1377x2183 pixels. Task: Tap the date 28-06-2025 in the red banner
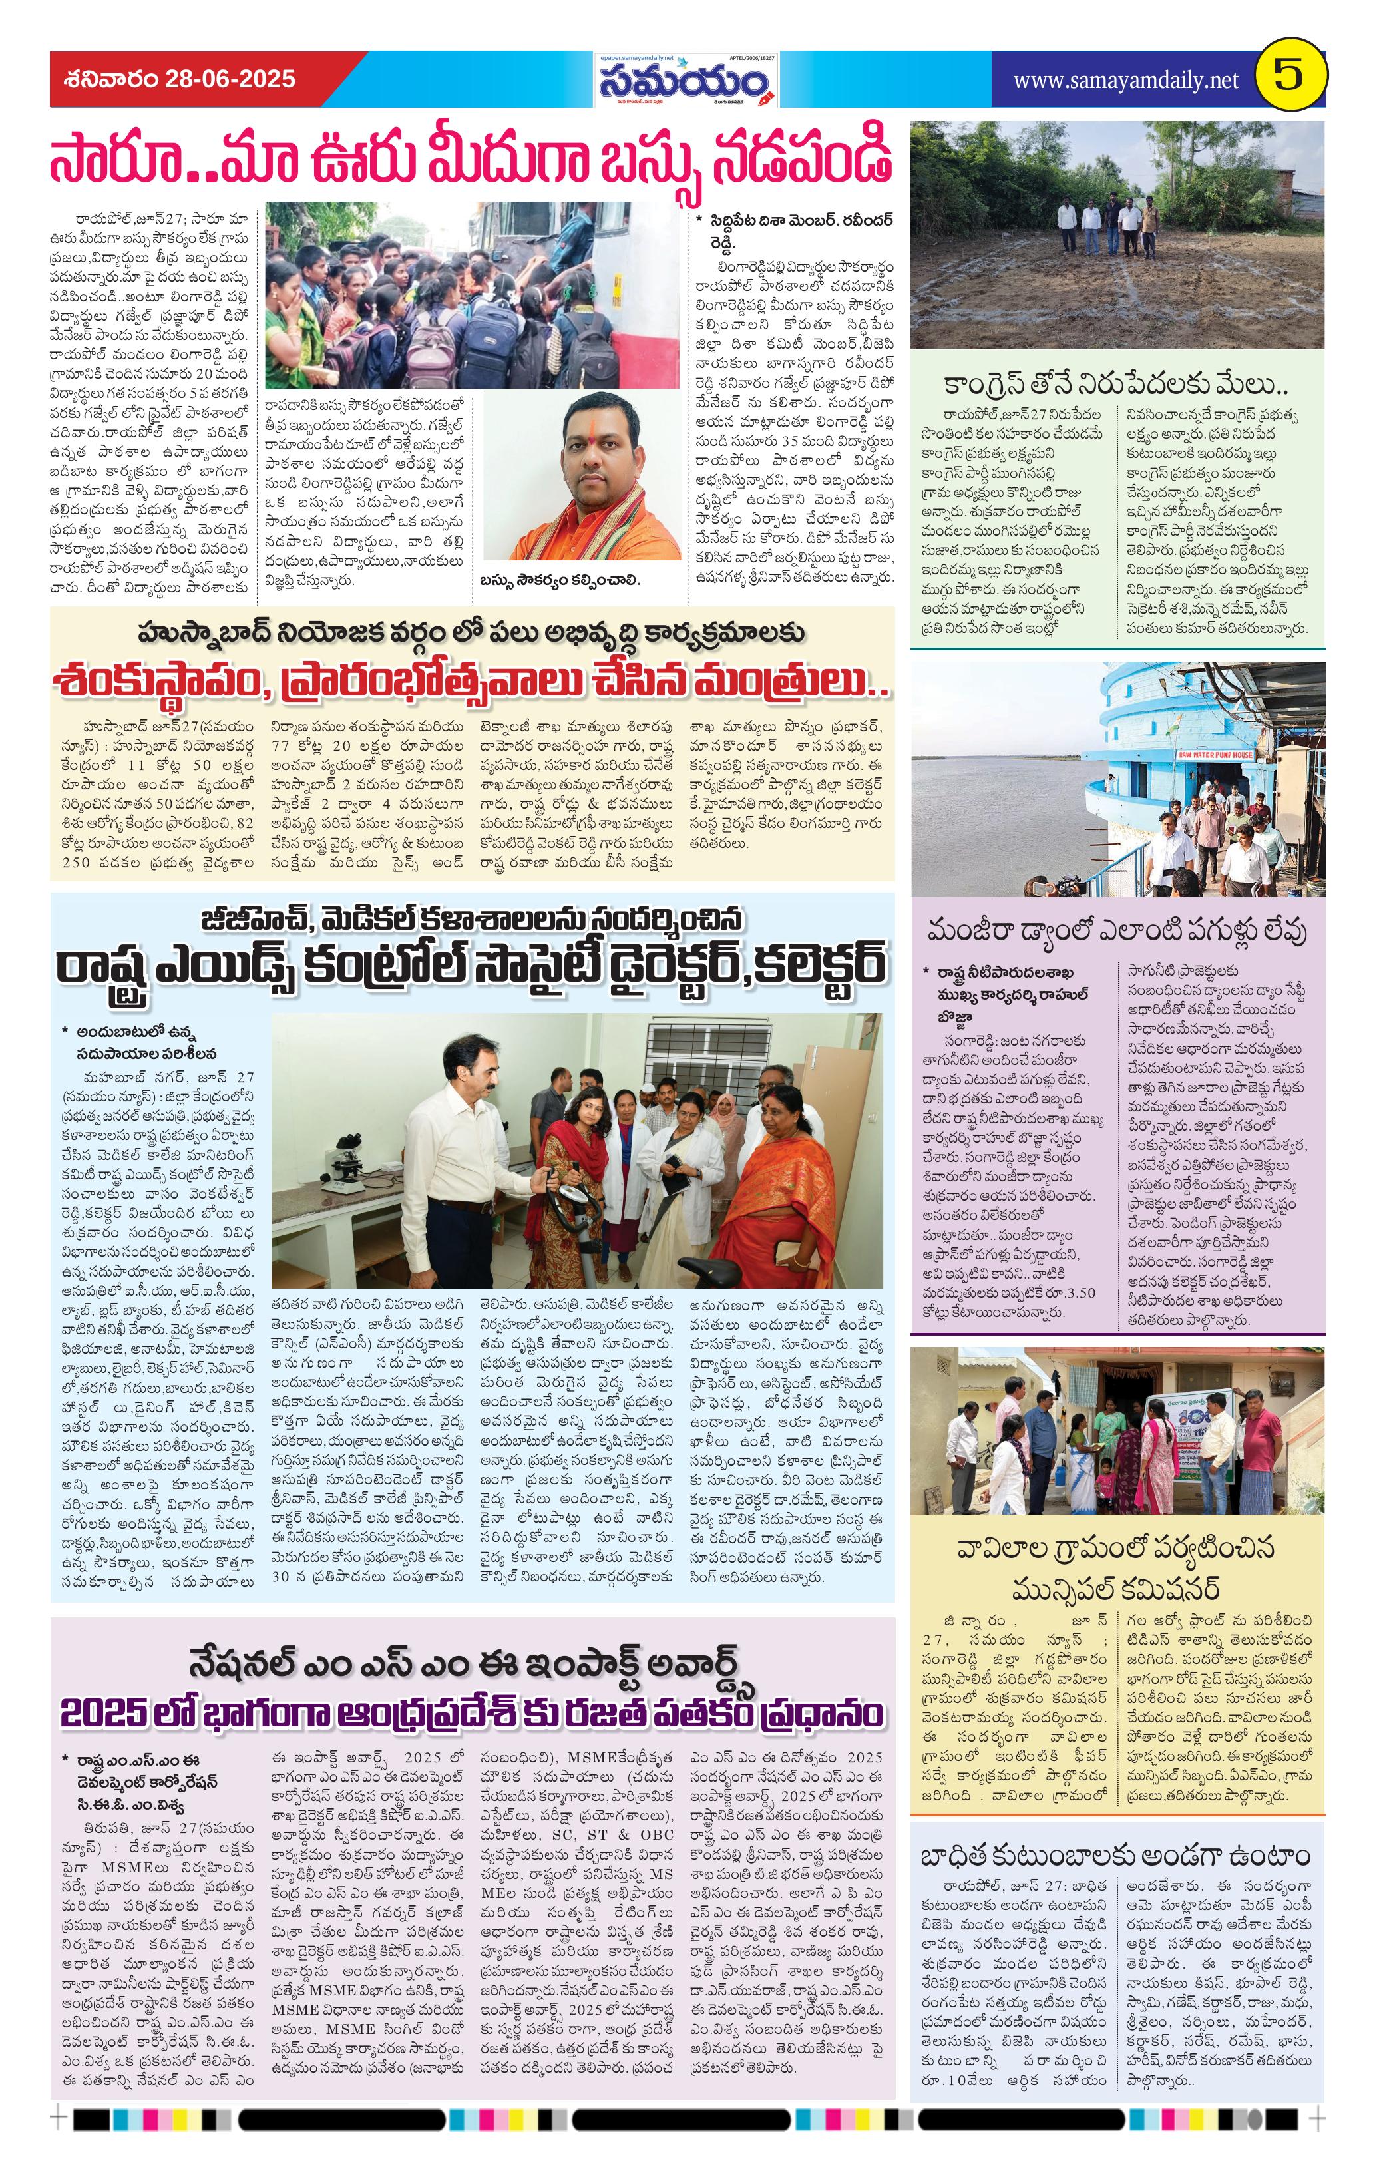[x=230, y=79]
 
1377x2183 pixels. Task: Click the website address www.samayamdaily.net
[x=1125, y=80]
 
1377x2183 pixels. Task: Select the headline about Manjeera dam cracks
[x=1116, y=930]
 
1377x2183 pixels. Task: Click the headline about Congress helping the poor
[x=1116, y=385]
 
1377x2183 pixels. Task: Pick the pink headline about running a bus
[x=471, y=157]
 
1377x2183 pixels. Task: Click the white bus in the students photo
[x=634, y=290]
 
